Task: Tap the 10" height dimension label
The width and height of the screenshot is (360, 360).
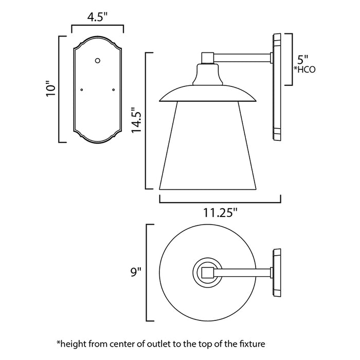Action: coord(50,89)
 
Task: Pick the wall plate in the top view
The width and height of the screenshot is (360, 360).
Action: coord(276,271)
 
